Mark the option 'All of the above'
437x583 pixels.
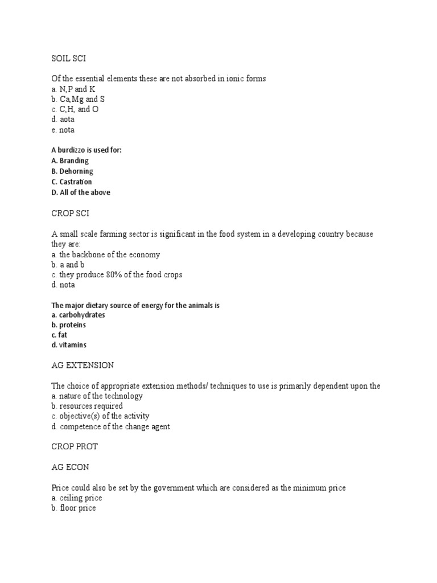point(85,192)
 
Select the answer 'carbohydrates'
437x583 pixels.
point(82,315)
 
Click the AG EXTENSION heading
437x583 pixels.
point(83,365)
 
